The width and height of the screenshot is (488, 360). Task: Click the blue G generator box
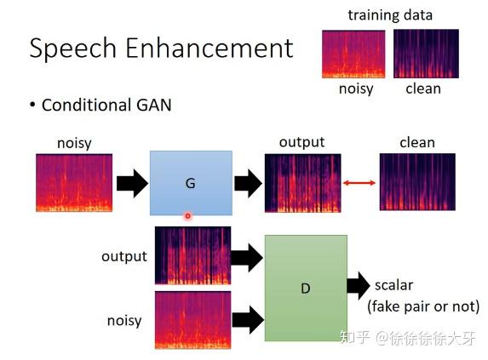click(x=191, y=183)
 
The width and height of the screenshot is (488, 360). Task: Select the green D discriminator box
click(x=306, y=288)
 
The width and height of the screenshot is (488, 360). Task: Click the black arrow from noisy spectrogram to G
click(x=132, y=183)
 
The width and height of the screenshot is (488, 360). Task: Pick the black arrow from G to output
click(x=248, y=183)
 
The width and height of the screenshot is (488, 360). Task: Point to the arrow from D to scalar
click(x=359, y=287)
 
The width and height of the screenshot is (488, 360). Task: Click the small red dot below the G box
click(x=188, y=216)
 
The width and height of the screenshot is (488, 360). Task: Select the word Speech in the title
click(x=73, y=49)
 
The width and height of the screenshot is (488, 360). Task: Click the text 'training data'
click(x=390, y=14)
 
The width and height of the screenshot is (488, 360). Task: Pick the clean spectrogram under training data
click(x=425, y=54)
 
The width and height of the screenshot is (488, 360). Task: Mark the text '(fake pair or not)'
click(x=423, y=306)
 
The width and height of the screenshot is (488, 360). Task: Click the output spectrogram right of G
click(x=302, y=182)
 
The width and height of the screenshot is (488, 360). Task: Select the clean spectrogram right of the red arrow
click(x=417, y=182)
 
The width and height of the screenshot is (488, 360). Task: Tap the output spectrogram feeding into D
click(x=192, y=255)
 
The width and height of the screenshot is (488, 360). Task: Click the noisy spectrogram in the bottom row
click(x=192, y=320)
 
